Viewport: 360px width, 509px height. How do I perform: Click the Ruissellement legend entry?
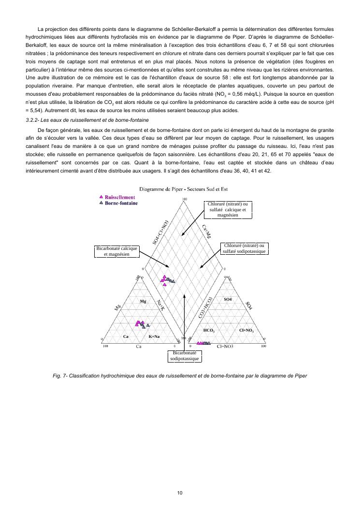[119, 197]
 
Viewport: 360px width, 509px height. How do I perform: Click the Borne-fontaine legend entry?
[121, 203]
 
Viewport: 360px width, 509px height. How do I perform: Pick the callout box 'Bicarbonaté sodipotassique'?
[184, 356]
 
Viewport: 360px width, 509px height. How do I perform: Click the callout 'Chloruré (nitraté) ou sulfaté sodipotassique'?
[244, 248]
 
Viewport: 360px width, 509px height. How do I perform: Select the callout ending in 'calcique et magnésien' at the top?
[228, 210]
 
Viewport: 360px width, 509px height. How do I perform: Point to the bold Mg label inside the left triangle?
[143, 301]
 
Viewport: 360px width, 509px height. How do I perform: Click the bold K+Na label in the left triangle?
[154, 336]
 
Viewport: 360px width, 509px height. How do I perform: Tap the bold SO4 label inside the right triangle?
[228, 300]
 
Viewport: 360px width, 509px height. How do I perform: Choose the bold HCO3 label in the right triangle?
[209, 330]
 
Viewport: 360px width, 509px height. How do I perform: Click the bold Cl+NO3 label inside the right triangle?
[246, 330]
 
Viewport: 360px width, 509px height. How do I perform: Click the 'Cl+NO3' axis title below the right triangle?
[225, 347]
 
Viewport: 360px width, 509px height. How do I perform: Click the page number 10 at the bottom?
[180, 493]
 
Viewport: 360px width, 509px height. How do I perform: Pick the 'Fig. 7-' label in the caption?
[60, 375]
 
